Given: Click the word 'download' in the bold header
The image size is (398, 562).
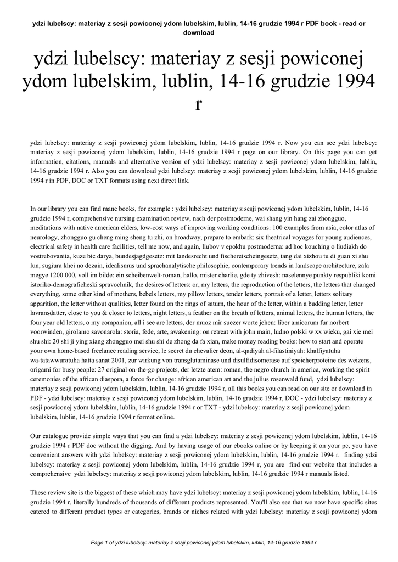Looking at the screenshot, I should (199, 32).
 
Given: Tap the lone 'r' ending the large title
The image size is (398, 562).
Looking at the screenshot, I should (199, 104).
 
